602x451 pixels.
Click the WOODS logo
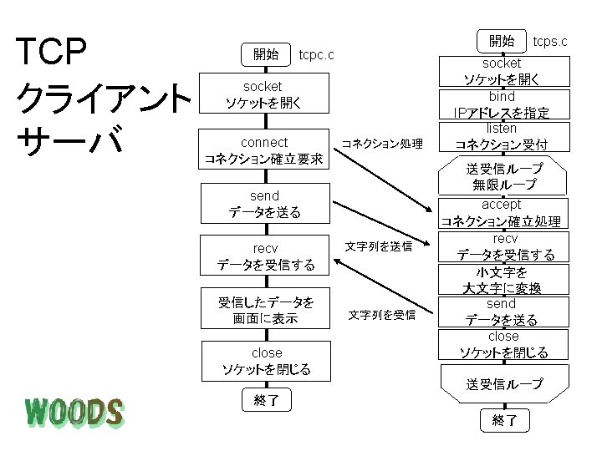(74, 412)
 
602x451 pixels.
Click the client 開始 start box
(265, 54)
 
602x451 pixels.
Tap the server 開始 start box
(502, 40)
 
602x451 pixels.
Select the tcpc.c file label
(317, 55)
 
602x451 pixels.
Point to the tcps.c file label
(550, 41)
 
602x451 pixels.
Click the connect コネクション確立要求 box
(264, 150)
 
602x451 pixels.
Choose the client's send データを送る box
(264, 205)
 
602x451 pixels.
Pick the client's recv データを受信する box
(264, 257)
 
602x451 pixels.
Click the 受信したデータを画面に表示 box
(264, 310)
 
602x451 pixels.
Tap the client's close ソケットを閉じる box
(264, 361)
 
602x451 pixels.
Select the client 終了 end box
(265, 401)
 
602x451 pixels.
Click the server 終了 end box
(504, 420)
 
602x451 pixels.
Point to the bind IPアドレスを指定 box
(502, 105)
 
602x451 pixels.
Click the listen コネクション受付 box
(502, 137)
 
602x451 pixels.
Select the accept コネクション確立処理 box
(502, 213)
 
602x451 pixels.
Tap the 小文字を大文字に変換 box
(502, 281)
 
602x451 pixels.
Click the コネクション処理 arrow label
(382, 144)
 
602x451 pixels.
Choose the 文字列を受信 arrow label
(381, 315)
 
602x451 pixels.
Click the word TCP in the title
(57, 52)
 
